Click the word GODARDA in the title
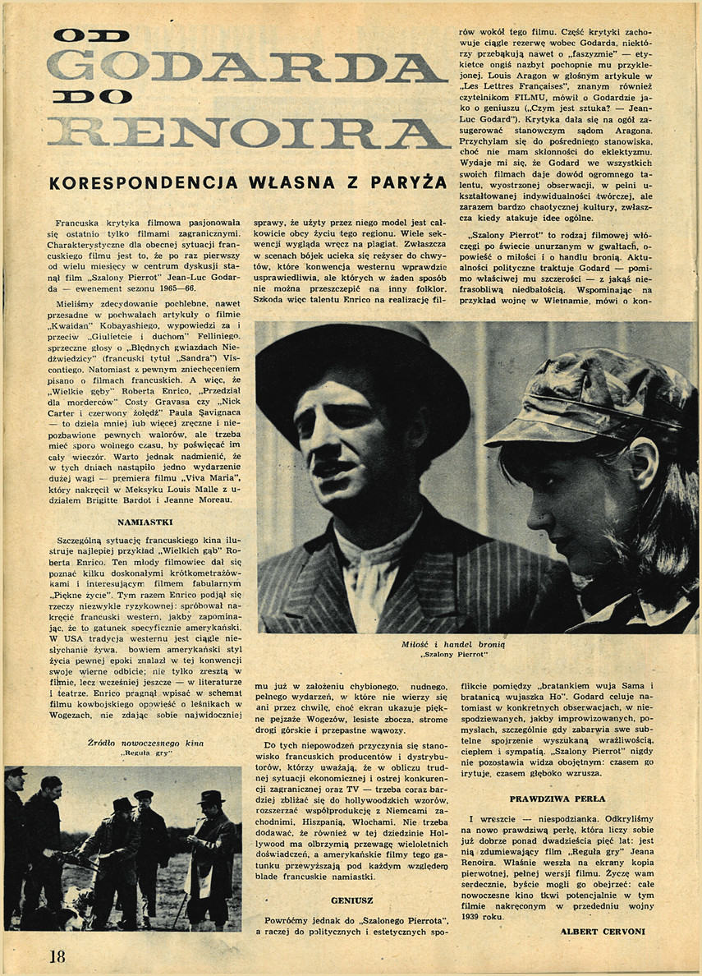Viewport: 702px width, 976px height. (x=246, y=67)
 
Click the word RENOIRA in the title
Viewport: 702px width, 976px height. (x=246, y=132)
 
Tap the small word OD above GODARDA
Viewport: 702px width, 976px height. (x=90, y=35)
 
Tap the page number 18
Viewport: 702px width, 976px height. (x=56, y=955)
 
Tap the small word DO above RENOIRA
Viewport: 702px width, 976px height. (x=91, y=97)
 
